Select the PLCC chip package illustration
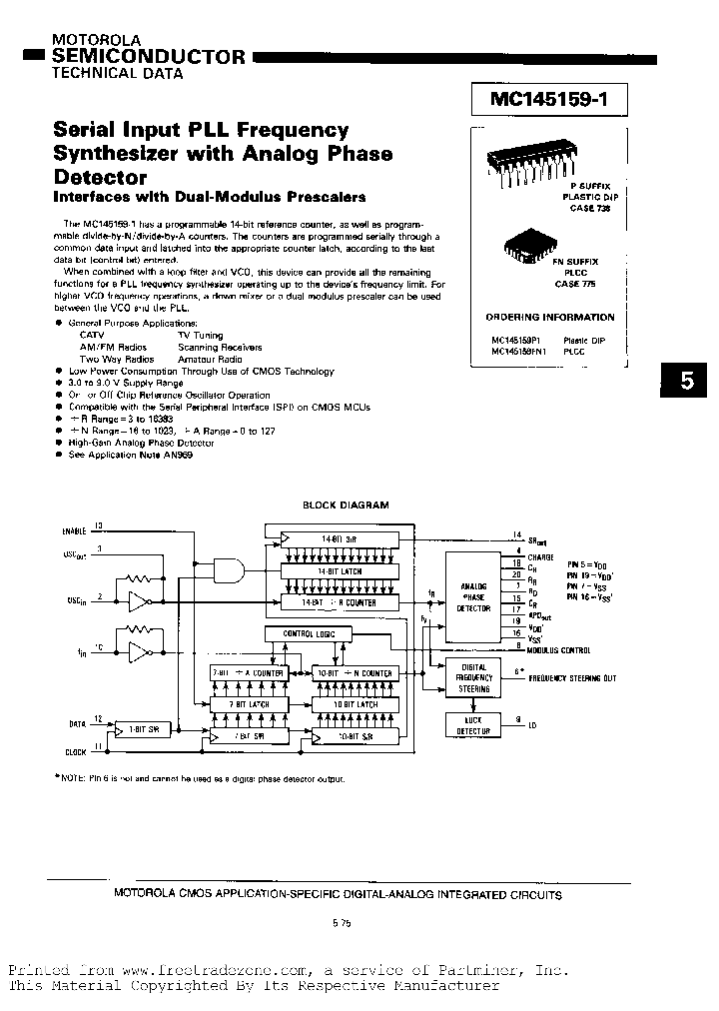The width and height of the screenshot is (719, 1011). pos(526,244)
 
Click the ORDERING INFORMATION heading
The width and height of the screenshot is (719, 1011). pos(550,317)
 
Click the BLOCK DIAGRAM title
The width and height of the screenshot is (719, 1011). pos(346,505)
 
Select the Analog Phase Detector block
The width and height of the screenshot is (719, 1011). pos(473,596)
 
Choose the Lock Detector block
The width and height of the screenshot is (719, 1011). pos(472,725)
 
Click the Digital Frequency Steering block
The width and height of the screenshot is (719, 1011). pos(473,677)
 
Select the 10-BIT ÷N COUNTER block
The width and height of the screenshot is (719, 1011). pos(355,673)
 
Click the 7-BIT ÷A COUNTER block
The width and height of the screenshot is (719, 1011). pos(247,673)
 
